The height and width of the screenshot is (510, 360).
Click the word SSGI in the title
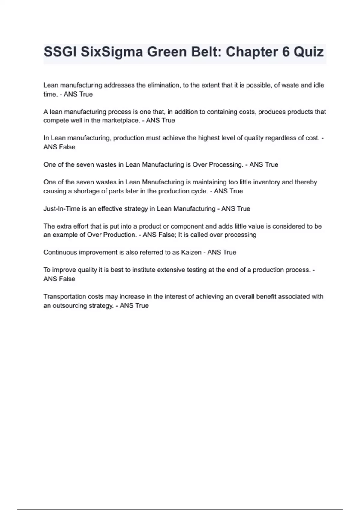click(60, 52)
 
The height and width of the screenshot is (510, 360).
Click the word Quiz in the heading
click(309, 52)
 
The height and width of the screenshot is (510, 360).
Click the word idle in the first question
click(319, 85)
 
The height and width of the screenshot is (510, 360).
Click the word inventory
click(271, 182)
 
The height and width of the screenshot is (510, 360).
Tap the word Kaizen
click(191, 252)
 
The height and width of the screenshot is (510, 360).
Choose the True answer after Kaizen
click(230, 252)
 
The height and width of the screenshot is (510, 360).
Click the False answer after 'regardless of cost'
click(67, 147)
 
